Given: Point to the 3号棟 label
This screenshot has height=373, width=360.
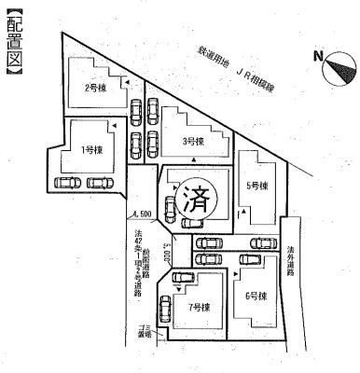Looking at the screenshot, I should [x=194, y=143].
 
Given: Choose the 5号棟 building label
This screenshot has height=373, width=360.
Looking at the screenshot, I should [x=258, y=185].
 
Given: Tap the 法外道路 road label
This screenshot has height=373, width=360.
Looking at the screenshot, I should [x=292, y=262].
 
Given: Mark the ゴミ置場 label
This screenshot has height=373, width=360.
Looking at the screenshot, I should [x=145, y=330].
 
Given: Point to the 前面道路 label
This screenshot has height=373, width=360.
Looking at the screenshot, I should [x=148, y=256].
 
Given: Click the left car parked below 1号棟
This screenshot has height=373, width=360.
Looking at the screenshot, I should [x=68, y=183].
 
